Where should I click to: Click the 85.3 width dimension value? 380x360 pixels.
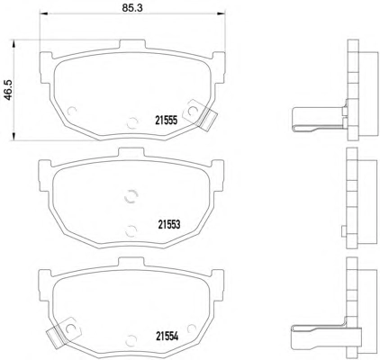[x=132, y=8]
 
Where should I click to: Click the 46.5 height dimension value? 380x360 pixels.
[x=7, y=90]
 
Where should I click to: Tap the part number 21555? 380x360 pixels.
[x=167, y=121]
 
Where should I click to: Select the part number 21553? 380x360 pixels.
[x=169, y=224]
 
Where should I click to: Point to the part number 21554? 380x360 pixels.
[x=167, y=337]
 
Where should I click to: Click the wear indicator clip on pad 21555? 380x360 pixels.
[x=200, y=115]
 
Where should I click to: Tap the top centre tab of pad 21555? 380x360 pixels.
[x=132, y=44]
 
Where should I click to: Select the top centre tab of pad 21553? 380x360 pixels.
[x=131, y=152]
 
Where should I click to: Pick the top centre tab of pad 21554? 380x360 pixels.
[x=131, y=261]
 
